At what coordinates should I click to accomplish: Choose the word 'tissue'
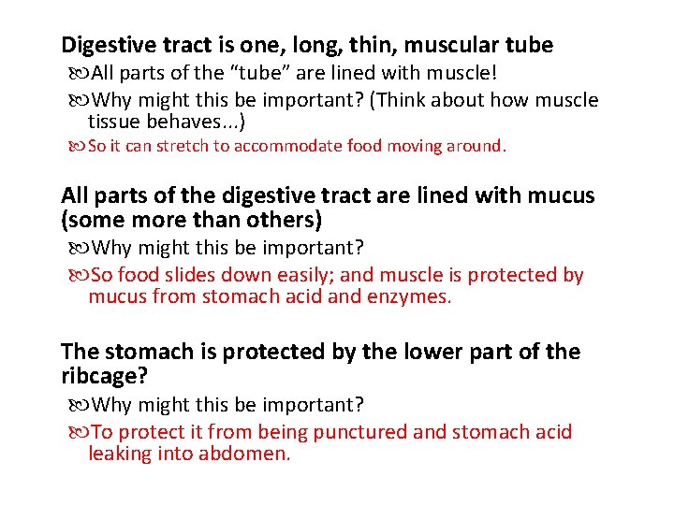point(114,122)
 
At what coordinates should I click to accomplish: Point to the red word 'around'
point(476,146)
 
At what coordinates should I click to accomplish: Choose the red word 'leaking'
point(121,454)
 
